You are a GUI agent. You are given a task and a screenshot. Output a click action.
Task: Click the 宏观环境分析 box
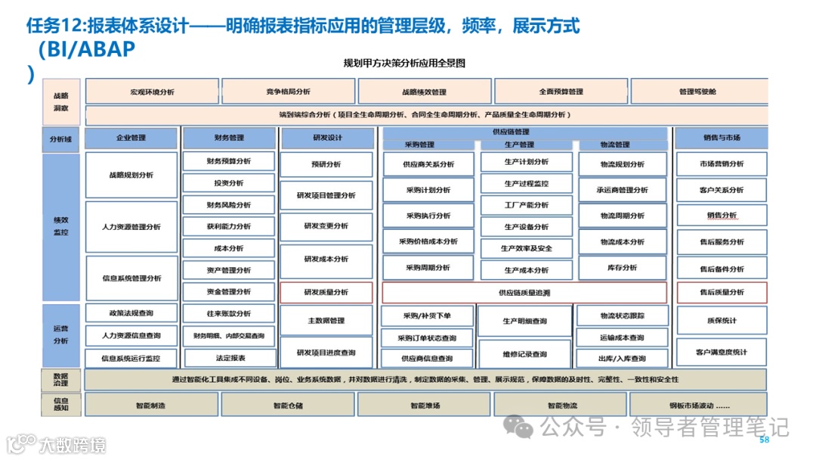coord(152,92)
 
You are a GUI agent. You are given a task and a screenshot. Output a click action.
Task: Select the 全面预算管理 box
coord(561,92)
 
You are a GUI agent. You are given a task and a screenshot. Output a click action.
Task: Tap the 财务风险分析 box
coord(228,205)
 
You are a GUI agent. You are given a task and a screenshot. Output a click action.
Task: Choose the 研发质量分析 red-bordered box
coord(326,292)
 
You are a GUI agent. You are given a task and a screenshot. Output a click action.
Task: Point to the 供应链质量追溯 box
coord(524,292)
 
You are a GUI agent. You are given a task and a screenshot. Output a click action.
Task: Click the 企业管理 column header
coord(131,138)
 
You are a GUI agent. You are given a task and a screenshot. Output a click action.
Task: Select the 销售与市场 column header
coord(722,138)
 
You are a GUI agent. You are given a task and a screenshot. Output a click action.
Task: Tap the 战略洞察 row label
coord(61,102)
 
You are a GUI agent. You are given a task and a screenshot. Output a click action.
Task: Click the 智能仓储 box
coord(288,405)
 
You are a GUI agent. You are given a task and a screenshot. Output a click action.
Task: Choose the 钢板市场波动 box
coord(698,405)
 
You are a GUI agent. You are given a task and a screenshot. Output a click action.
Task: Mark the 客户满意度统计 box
coord(722,352)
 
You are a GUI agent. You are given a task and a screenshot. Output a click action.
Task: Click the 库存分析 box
coord(623,268)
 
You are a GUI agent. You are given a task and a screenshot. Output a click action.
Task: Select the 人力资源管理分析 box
coord(131,227)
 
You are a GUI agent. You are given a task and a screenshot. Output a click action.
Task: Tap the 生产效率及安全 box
coord(526,248)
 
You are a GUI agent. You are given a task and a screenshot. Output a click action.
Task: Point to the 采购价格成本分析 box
coord(428,242)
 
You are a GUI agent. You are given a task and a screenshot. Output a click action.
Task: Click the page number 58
coord(764,440)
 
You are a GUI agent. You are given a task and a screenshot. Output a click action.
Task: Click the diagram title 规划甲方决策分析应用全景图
coord(404,64)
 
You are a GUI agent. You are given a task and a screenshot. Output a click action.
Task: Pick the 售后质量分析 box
coord(722,292)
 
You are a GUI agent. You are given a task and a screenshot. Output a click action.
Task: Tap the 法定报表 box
coord(228,358)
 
